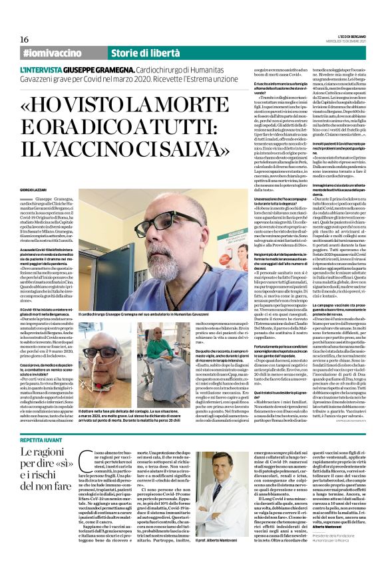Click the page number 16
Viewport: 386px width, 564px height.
tap(24, 39)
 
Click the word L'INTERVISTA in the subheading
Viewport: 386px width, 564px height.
tap(45, 70)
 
